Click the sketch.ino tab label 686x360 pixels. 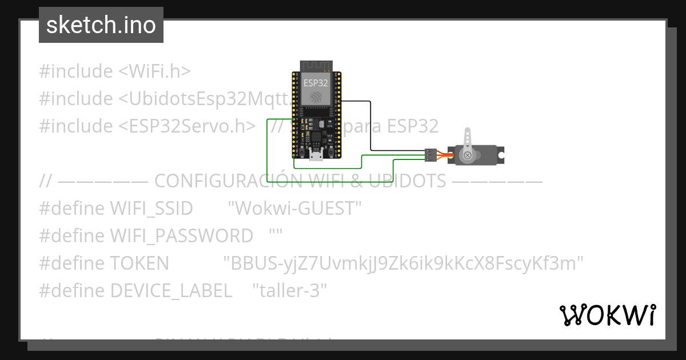click(101, 25)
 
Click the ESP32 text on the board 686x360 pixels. click(316, 83)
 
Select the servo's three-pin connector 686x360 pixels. click(430, 154)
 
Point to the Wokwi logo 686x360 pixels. click(607, 315)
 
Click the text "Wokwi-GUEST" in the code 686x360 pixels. click(294, 209)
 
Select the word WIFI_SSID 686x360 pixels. click(151, 209)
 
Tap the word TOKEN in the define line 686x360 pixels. click(139, 263)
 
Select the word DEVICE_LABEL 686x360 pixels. click(171, 290)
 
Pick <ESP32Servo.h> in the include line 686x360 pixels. click(187, 126)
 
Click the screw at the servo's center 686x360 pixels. click(468, 155)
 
